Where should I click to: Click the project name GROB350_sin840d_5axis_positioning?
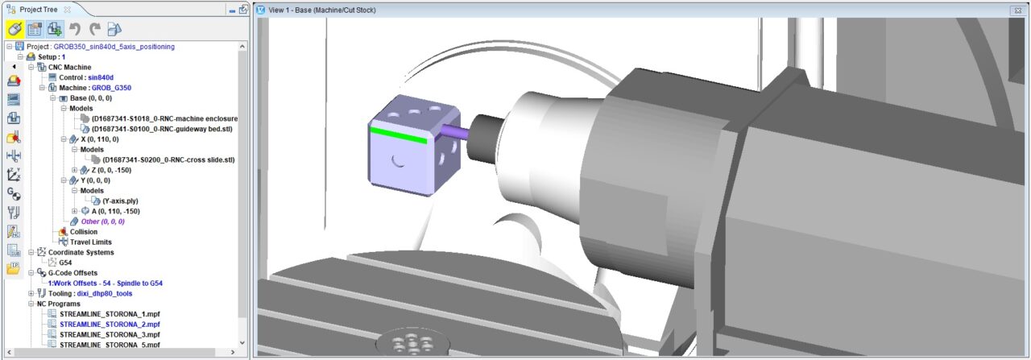[x=114, y=47]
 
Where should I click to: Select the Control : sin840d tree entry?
[x=86, y=77]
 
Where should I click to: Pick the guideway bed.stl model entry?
[x=162, y=129]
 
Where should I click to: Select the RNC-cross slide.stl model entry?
[x=168, y=159]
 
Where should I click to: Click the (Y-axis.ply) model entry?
[x=120, y=201]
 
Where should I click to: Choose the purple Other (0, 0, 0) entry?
[x=102, y=221]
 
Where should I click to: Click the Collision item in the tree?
[x=83, y=232]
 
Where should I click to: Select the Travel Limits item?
[x=91, y=242]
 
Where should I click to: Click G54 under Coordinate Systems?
[x=65, y=263]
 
